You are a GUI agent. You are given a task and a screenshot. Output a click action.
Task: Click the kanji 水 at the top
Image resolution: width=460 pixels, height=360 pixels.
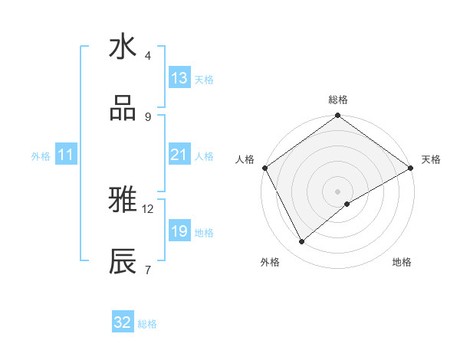click(123, 48)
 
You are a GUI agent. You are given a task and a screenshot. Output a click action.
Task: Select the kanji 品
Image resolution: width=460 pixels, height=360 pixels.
click(123, 109)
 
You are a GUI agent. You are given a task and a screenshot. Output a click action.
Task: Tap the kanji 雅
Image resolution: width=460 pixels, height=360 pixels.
click(123, 201)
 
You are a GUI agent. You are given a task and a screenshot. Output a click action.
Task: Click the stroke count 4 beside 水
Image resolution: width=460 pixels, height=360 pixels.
click(148, 56)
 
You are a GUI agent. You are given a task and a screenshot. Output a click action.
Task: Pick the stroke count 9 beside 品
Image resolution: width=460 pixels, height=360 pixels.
click(148, 117)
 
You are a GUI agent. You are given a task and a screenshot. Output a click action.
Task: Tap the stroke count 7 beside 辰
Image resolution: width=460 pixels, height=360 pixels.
click(148, 270)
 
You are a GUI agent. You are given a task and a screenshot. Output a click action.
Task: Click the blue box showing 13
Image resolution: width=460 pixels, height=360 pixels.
click(179, 78)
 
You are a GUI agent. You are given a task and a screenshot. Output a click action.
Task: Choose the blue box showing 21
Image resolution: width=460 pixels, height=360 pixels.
click(179, 155)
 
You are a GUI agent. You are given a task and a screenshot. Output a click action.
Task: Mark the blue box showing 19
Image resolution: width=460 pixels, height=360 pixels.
click(179, 231)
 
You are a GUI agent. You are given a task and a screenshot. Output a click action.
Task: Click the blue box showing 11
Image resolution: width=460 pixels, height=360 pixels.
click(66, 155)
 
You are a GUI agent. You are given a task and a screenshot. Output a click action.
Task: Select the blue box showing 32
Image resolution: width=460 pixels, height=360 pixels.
click(123, 322)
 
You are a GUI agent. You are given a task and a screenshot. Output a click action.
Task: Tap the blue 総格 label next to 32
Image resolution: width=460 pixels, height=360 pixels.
click(147, 323)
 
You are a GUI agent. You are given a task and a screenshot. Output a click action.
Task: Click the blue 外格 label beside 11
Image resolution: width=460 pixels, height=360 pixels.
click(41, 155)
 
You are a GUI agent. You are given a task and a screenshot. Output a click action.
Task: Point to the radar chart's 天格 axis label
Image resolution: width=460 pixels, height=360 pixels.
click(431, 159)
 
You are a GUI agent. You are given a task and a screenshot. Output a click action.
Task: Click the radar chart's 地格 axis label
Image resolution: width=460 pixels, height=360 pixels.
click(402, 262)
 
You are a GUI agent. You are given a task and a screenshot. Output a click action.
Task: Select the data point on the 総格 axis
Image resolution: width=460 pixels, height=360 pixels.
click(337, 116)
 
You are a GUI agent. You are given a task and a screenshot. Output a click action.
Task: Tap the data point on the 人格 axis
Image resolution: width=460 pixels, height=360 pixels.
click(265, 168)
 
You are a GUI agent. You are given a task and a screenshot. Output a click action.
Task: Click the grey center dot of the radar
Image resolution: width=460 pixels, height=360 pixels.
click(337, 191)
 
